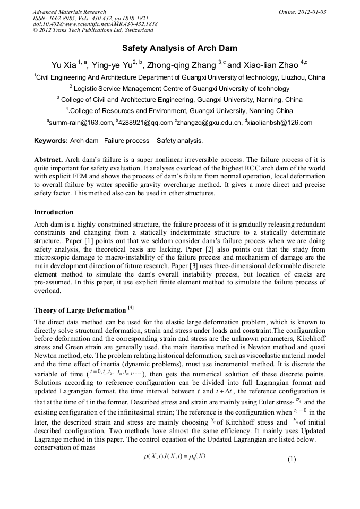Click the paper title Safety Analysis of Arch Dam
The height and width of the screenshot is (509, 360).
pyautogui.click(x=180, y=48)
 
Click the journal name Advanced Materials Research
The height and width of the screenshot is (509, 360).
pyautogui.click(x=70, y=12)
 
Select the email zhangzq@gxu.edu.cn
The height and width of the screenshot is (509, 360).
pyautogui.click(x=209, y=123)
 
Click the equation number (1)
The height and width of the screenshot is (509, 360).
pyautogui.click(x=292, y=459)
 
